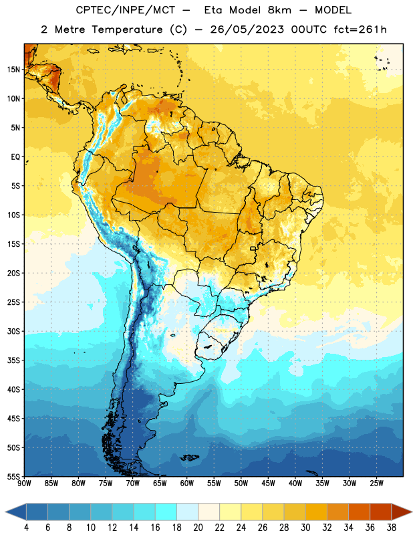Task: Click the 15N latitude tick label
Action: (13, 70)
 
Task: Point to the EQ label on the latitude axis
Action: (15, 157)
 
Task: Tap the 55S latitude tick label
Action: (13, 476)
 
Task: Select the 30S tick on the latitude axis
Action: (13, 331)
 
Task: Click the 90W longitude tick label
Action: (24, 484)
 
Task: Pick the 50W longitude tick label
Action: (241, 484)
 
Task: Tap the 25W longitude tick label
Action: (376, 484)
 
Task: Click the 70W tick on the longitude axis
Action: (133, 484)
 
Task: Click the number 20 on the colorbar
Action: (198, 528)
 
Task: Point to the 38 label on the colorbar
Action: (391, 528)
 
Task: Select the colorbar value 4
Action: (26, 528)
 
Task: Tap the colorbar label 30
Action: (305, 528)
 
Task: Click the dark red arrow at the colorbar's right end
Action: (401, 512)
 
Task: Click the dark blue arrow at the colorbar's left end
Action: (16, 512)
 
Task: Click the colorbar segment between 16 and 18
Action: (166, 512)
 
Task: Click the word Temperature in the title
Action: (127, 29)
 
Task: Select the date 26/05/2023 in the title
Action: (247, 29)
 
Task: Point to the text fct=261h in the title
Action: (360, 29)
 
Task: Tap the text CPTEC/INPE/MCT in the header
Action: (126, 10)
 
